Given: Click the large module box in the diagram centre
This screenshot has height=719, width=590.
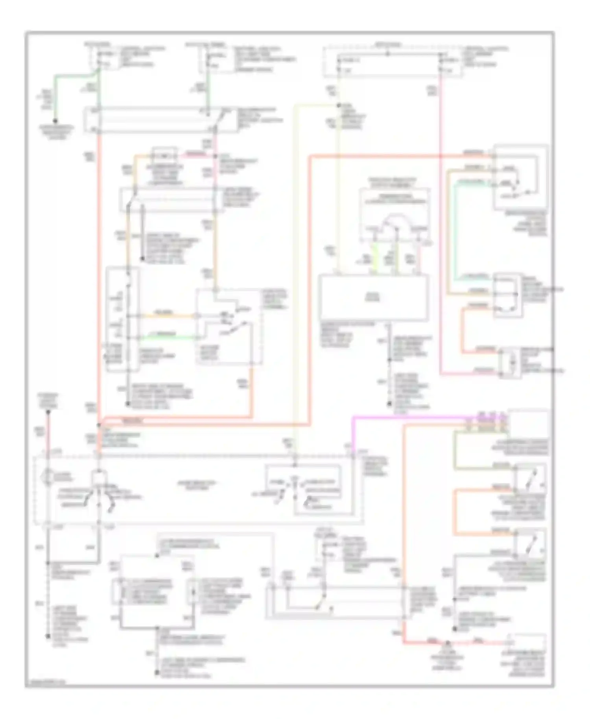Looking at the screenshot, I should (373, 297).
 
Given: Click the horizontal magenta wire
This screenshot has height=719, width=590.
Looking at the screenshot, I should (409, 417).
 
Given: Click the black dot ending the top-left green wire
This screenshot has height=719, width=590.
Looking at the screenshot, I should (55, 121).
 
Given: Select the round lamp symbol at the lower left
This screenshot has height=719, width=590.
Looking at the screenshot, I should (48, 474).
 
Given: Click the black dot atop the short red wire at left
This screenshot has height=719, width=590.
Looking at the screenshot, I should (48, 412).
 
